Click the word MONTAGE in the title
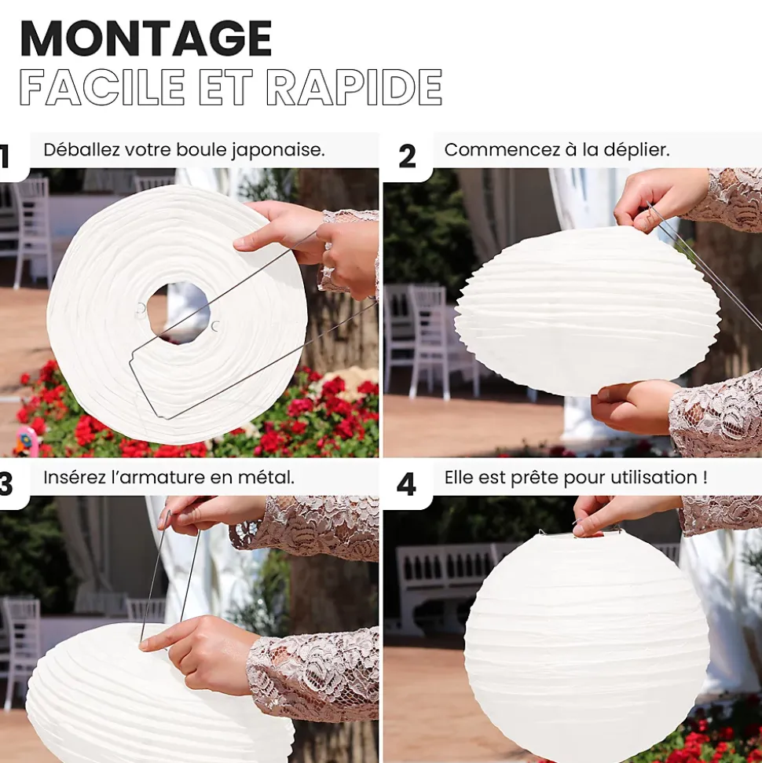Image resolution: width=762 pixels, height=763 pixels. point(145,39)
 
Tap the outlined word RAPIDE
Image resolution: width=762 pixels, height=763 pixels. point(354,87)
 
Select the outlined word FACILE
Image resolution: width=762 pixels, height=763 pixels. point(102,87)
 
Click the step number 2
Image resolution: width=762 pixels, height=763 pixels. point(407,156)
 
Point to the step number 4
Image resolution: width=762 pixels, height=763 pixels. point(406,485)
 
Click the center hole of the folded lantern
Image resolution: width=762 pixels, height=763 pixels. point(178,313)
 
